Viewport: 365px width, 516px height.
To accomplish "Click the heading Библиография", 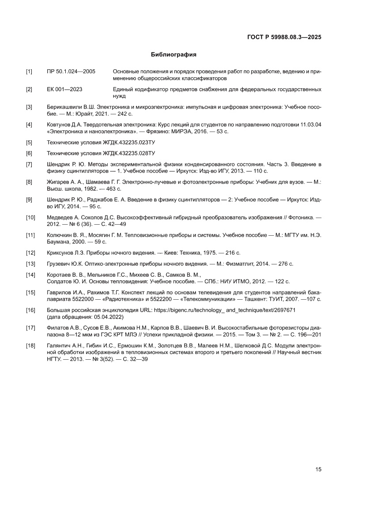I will click(173, 55).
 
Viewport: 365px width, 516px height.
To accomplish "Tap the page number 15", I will click(318, 469).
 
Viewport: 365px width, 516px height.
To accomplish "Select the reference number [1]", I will click(29, 72).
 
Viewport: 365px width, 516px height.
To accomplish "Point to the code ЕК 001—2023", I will click(64, 90).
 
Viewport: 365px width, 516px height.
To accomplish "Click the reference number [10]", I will click(30, 217).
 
